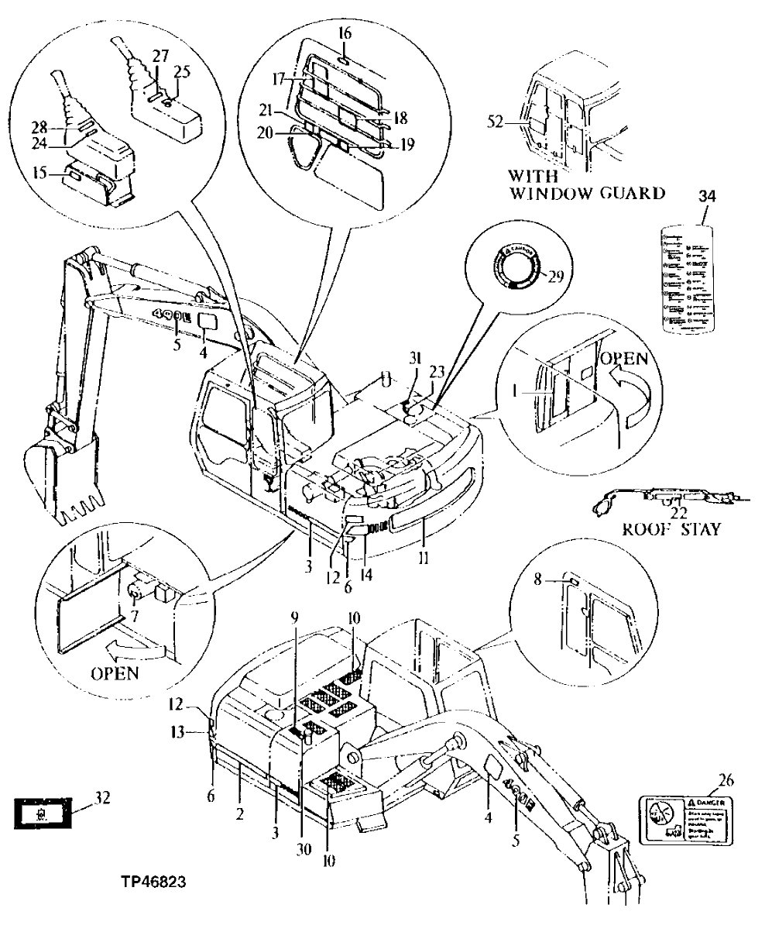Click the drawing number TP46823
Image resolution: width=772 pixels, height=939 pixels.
tap(153, 882)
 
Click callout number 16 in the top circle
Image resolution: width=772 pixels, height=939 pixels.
tap(345, 34)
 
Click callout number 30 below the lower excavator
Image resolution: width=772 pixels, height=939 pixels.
tap(303, 848)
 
